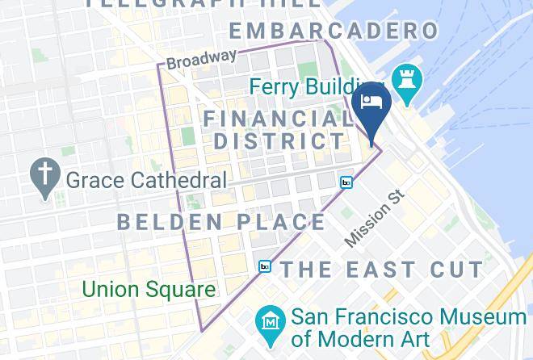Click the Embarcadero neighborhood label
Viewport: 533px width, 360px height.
click(x=333, y=31)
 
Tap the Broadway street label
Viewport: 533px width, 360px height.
click(x=202, y=59)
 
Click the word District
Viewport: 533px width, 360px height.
click(x=279, y=141)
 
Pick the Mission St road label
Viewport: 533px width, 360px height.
click(x=373, y=218)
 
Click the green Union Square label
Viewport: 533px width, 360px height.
click(x=149, y=289)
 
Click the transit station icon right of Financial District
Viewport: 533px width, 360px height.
click(x=346, y=183)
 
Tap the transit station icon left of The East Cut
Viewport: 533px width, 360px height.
click(x=264, y=266)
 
